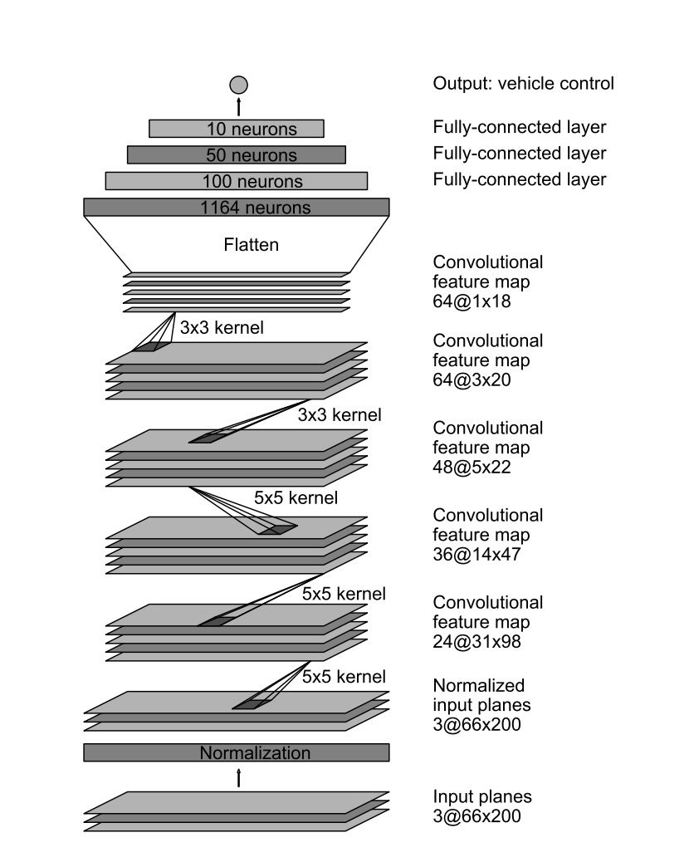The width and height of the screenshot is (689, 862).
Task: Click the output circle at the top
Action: tap(238, 85)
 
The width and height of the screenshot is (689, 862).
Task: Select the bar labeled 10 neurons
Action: tap(237, 129)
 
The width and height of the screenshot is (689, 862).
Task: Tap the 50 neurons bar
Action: tap(237, 154)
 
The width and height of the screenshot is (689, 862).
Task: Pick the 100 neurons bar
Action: tap(237, 181)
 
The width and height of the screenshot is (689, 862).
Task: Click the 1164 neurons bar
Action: tap(237, 208)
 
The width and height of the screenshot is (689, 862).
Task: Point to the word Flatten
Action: tap(251, 244)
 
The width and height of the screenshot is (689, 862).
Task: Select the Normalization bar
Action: tap(237, 752)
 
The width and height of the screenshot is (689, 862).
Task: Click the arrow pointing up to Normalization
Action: tap(238, 778)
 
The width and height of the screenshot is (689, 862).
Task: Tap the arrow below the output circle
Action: tap(238, 106)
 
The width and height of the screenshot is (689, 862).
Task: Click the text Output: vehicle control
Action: tap(523, 84)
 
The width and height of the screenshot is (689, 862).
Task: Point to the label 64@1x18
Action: tap(472, 301)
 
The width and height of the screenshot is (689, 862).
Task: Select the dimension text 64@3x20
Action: tap(472, 380)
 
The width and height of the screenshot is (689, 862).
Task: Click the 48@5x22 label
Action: tap(472, 468)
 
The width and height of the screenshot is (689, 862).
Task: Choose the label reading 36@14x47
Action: tap(476, 554)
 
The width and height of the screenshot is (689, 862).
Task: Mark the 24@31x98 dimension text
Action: tap(476, 642)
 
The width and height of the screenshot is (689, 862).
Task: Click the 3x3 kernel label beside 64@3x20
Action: tap(222, 328)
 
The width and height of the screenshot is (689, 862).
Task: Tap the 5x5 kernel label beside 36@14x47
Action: tap(296, 498)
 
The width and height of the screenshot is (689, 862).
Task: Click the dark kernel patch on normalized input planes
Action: tap(252, 705)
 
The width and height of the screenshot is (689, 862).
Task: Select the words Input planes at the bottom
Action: tap(481, 796)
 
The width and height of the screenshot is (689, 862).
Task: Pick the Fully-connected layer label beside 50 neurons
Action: tap(519, 153)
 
